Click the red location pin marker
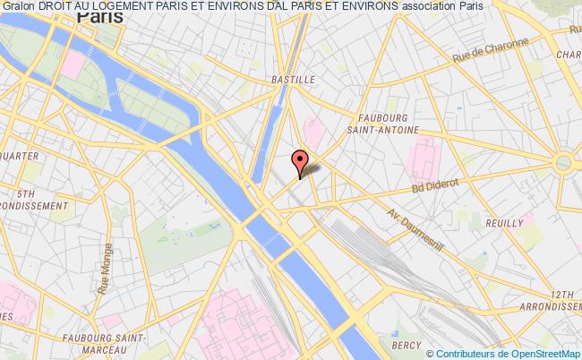click(299, 162)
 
